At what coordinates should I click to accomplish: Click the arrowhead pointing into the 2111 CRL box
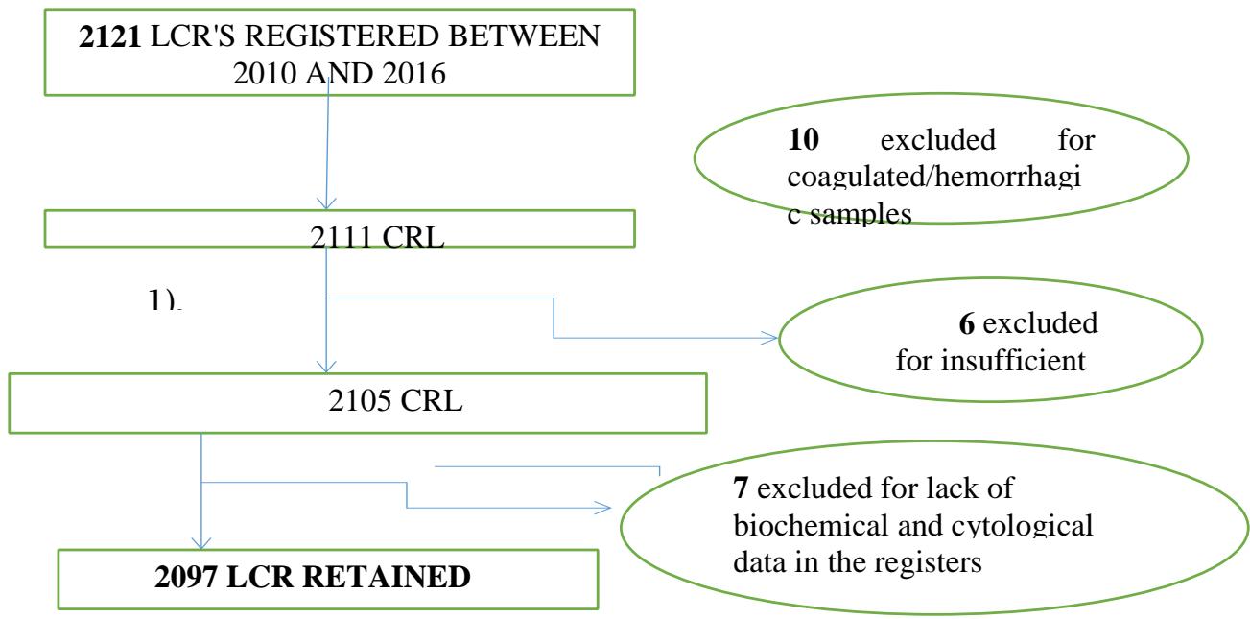328,202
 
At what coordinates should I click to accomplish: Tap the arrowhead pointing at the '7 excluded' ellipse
603,507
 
